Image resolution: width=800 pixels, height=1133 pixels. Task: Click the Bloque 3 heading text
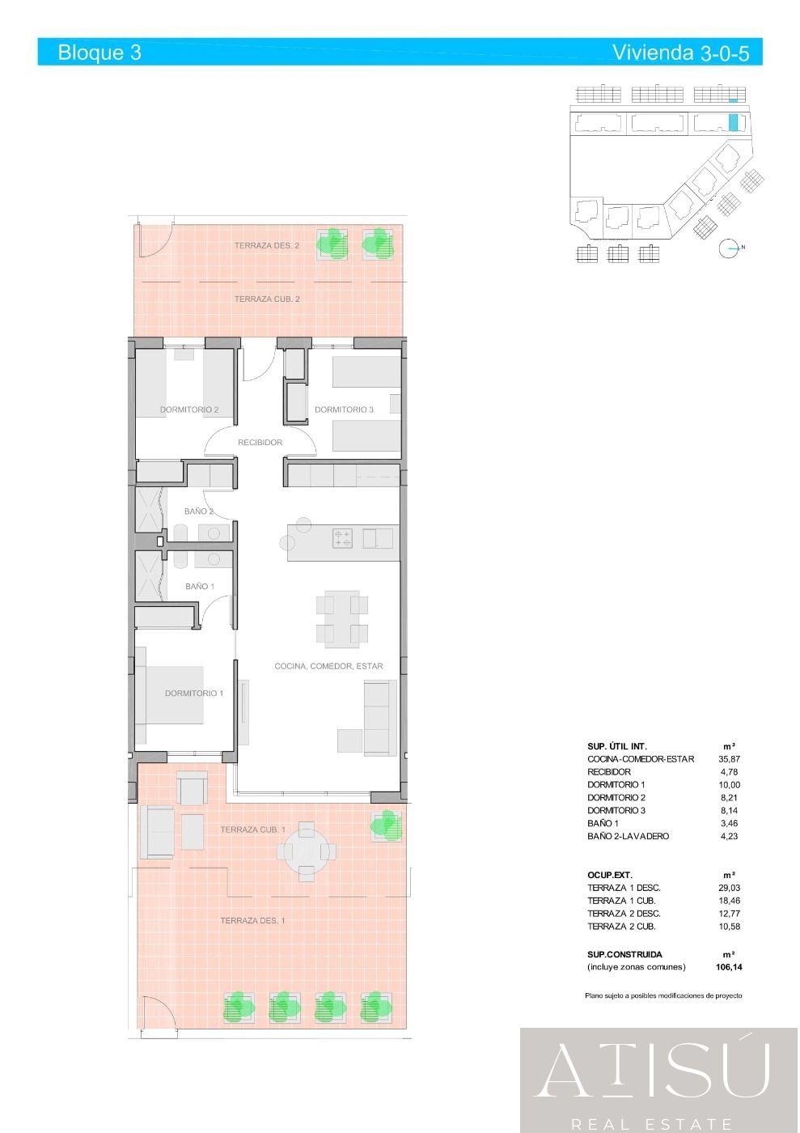pos(99,53)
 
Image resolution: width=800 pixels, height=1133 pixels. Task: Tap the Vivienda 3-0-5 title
pos(680,53)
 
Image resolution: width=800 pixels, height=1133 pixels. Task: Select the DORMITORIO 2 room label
pos(188,409)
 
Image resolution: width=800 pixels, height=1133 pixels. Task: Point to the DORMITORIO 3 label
pos(344,409)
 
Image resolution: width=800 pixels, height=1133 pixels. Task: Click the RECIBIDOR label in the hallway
pos(260,443)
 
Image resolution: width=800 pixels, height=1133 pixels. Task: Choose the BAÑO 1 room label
pos(200,586)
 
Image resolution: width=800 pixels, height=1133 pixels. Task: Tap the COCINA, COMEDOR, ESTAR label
pos(328,666)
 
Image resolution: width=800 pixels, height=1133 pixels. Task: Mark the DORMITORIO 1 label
pos(193,693)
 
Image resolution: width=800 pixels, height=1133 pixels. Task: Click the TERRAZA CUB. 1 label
pos(252,830)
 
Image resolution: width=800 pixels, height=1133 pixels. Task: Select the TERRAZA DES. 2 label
pos(267,245)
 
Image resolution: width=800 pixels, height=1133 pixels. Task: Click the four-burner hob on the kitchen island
pos(342,537)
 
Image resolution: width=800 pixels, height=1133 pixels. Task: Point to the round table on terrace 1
pos(306,851)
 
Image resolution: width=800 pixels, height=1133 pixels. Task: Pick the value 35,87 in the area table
pos(729,759)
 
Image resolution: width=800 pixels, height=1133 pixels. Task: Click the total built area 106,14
pos(729,967)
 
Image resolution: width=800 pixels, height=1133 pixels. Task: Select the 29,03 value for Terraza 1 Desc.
pos(729,888)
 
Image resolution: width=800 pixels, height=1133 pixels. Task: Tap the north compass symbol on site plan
pos(729,248)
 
